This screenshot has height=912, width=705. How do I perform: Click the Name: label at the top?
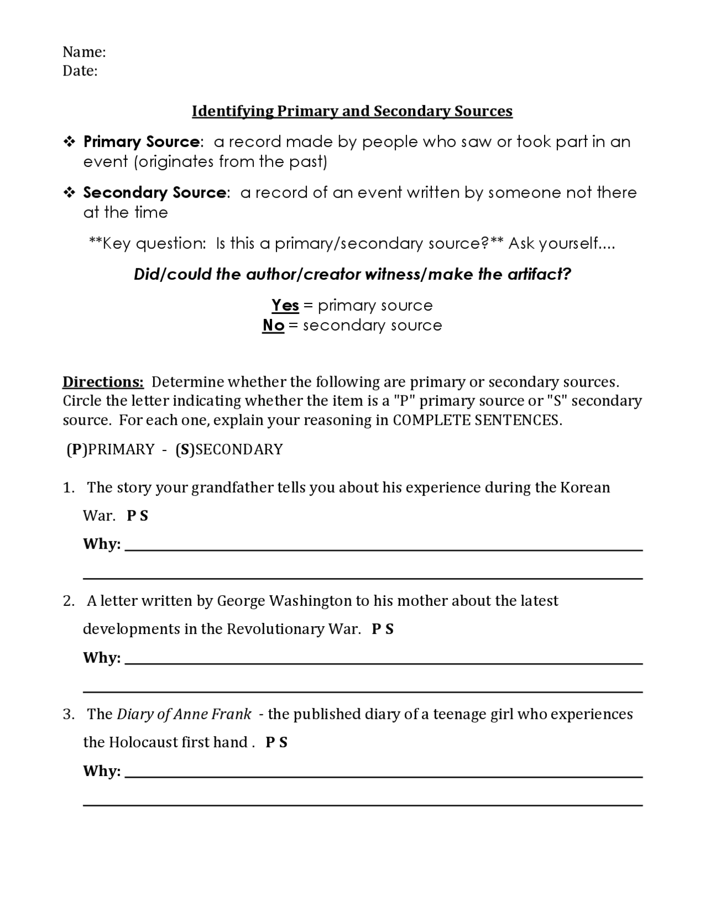(84, 52)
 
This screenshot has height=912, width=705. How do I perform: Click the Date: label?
(80, 71)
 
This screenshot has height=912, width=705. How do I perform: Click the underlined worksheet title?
(352, 111)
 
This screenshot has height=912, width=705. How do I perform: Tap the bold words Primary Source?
(141, 142)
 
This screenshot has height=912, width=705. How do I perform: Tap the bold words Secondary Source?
(154, 193)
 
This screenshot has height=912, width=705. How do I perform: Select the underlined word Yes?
(285, 306)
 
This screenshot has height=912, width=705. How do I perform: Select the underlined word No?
(273, 325)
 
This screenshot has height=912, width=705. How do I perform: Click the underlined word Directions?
(103, 382)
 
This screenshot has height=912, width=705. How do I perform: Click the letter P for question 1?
(131, 516)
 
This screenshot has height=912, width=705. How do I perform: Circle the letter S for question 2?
(389, 629)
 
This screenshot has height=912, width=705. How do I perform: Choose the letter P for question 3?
(270, 743)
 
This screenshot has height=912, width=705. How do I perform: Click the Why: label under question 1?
(101, 544)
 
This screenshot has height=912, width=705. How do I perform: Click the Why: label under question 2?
(101, 658)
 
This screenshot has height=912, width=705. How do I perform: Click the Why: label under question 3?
(101, 771)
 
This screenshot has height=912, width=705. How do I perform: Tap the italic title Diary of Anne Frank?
(184, 714)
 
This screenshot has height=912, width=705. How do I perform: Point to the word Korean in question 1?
(585, 488)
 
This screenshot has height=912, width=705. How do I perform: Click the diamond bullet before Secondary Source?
(69, 193)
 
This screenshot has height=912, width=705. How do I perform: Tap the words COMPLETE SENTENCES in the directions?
(477, 421)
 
